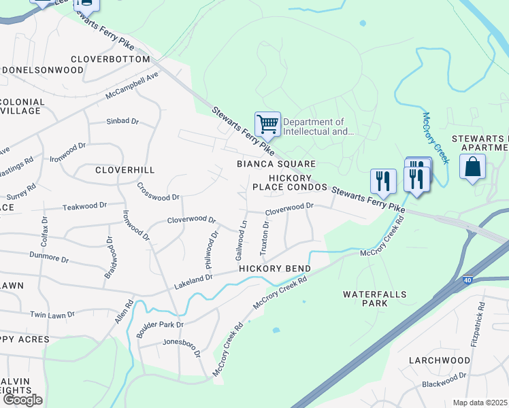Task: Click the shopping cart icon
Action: pyautogui.click(x=267, y=124)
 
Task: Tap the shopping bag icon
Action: pyautogui.click(x=472, y=167)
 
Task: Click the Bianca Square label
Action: pyautogui.click(x=276, y=164)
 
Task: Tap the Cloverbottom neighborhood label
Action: pyautogui.click(x=110, y=59)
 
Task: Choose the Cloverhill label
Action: pyautogui.click(x=125, y=169)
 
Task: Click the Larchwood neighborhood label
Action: pyautogui.click(x=439, y=360)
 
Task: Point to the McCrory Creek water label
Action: pyautogui.click(x=436, y=138)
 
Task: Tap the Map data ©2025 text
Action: pyautogui.click(x=480, y=403)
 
